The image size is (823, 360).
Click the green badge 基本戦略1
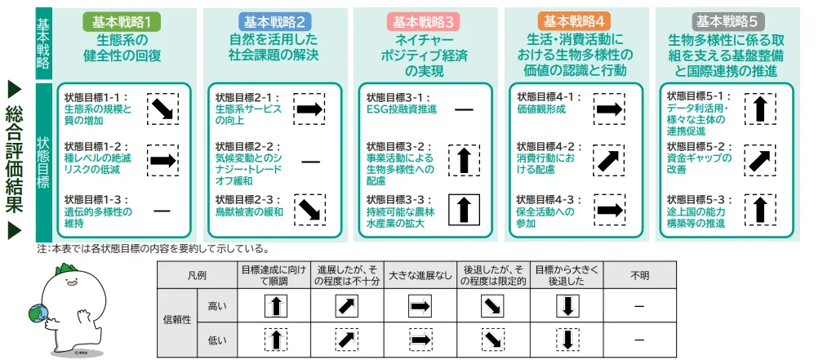tap(121, 21)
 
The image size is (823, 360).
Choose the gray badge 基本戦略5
tap(727, 21)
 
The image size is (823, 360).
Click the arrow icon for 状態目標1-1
tap(162, 109)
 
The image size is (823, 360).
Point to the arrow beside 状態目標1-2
tap(162, 160)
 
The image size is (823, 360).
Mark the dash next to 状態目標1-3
tap(162, 211)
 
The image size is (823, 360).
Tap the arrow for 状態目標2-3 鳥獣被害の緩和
tap(309, 210)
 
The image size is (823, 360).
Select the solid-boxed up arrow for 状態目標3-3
tap(464, 209)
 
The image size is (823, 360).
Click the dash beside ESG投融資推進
tap(464, 110)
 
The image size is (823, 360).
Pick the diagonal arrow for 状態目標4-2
tap(609, 160)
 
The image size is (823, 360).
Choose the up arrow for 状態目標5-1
tap(759, 109)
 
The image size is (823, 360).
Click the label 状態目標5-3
tap(699, 200)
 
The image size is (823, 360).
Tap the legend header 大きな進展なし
tap(420, 275)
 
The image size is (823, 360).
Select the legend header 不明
tap(638, 275)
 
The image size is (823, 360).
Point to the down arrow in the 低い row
tap(567, 340)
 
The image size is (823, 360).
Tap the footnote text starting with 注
tap(153, 248)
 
